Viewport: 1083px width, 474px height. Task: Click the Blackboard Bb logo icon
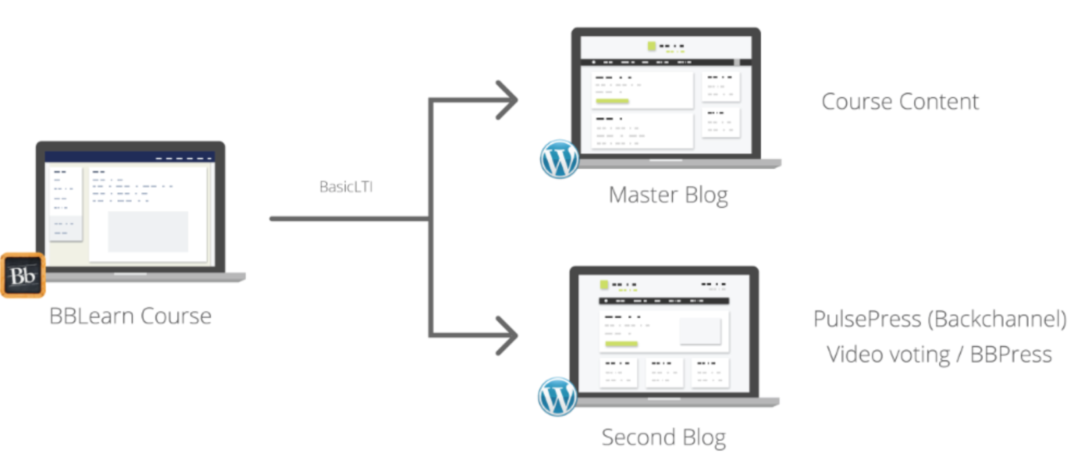pyautogui.click(x=23, y=276)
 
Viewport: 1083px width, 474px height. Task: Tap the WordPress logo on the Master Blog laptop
pyautogui.click(x=559, y=158)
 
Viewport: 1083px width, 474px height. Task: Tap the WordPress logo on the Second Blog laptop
pyautogui.click(x=556, y=396)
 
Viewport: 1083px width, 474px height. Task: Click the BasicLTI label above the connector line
pyautogui.click(x=346, y=188)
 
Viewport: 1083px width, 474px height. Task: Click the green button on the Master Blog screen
pyautogui.click(x=612, y=102)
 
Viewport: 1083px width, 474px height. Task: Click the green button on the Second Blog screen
pyautogui.click(x=621, y=344)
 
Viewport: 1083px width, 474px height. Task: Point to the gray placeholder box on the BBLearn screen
pyautogui.click(x=148, y=232)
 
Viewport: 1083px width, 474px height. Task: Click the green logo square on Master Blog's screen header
pyautogui.click(x=652, y=47)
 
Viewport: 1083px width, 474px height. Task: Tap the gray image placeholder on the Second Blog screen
pyautogui.click(x=700, y=330)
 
